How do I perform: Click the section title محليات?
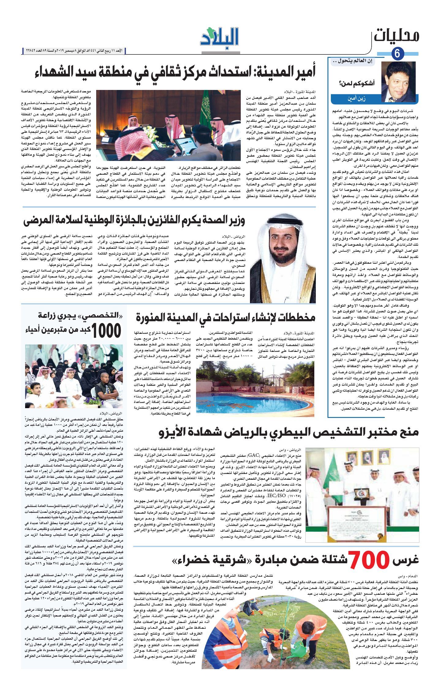pyautogui.click(x=396, y=36)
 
